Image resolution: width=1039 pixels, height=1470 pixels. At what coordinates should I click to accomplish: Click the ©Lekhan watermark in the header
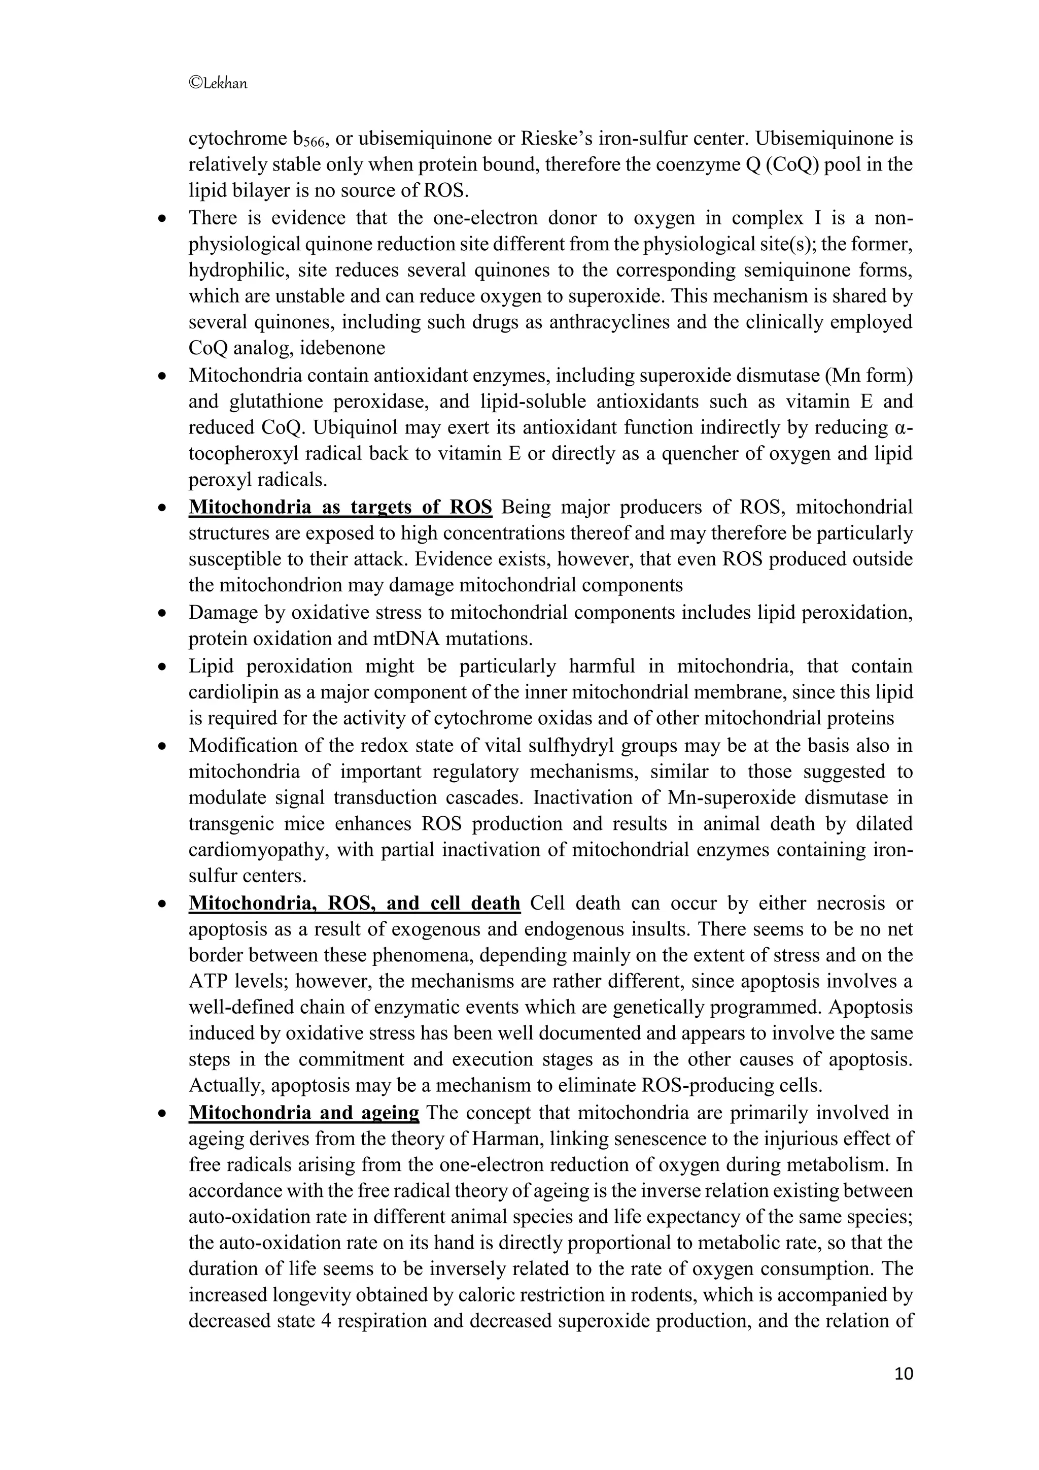[x=218, y=83]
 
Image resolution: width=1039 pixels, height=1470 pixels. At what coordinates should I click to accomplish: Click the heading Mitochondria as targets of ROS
[x=340, y=507]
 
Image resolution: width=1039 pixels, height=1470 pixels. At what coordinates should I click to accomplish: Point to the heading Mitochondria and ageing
[x=304, y=1112]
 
